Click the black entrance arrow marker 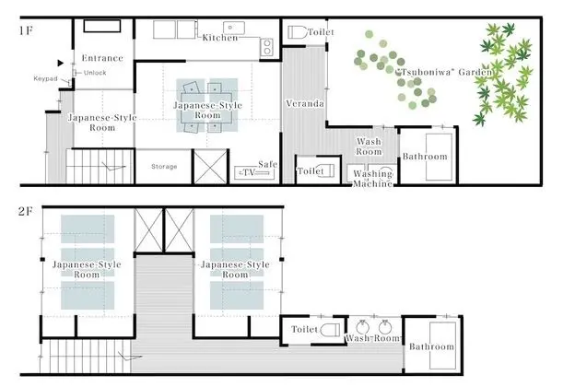click(x=61, y=63)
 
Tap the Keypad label click(x=45, y=78)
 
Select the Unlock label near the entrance click(x=95, y=73)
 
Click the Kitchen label click(x=220, y=38)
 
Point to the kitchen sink click(x=234, y=28)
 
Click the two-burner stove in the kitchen click(x=266, y=47)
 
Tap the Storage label click(x=164, y=167)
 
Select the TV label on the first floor click(x=250, y=172)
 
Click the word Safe click(x=267, y=164)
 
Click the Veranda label click(x=305, y=104)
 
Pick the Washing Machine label click(x=372, y=179)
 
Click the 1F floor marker click(x=26, y=30)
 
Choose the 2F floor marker click(x=26, y=211)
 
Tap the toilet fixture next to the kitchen click(x=297, y=32)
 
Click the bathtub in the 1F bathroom click(x=439, y=157)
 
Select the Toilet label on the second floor click(x=305, y=329)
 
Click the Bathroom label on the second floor click(x=431, y=346)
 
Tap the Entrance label click(x=102, y=58)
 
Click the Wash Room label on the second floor click(x=373, y=338)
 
